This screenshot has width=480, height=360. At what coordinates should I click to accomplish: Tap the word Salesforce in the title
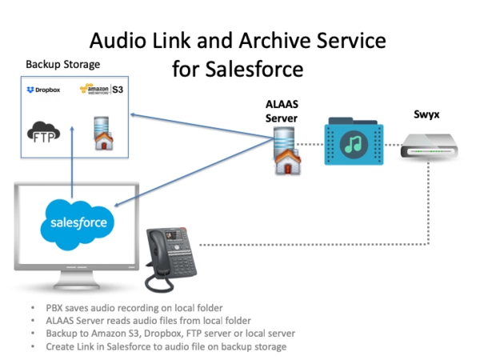coord(253,69)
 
